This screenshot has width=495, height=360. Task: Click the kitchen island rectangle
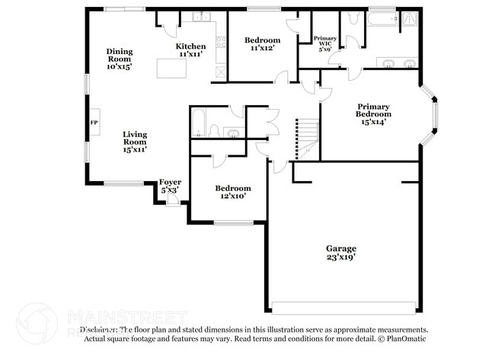click(171, 68)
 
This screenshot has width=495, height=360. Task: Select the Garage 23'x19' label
click(341, 253)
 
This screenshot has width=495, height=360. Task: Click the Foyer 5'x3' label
click(169, 186)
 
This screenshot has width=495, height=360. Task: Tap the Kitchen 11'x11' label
click(191, 50)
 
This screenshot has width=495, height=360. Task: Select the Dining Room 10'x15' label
click(120, 59)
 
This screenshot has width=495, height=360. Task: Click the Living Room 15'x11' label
click(135, 142)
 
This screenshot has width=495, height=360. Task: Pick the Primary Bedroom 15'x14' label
click(373, 115)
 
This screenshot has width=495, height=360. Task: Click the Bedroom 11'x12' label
click(262, 44)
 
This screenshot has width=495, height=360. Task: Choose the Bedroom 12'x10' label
click(232, 192)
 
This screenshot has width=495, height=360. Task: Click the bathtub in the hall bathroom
click(196, 123)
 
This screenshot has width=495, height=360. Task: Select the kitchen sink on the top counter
click(201, 17)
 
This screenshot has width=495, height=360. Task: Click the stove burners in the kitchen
click(221, 72)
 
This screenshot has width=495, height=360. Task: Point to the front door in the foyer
click(174, 200)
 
